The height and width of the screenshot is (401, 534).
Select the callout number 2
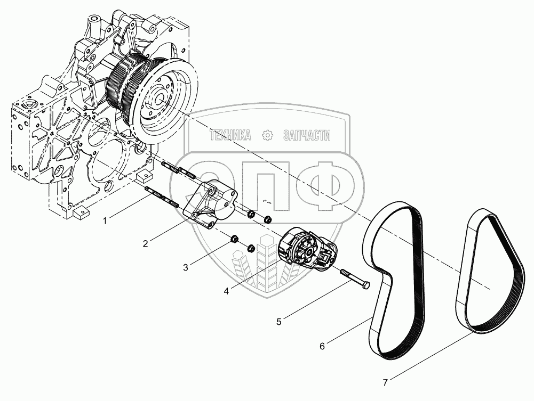pos(145,244)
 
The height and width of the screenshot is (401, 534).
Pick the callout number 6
pos(322,346)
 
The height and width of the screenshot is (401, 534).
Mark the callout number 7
pos(386,382)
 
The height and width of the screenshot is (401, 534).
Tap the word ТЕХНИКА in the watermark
pos(230,136)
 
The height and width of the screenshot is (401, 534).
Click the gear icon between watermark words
pos(268,136)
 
